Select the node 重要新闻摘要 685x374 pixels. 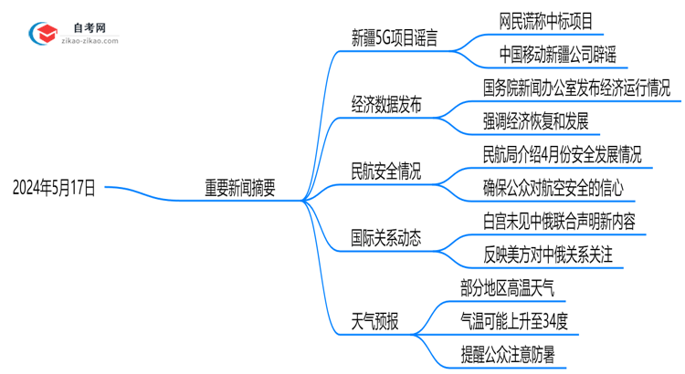(240, 188)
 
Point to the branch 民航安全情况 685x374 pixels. (386, 171)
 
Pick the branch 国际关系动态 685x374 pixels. (386, 238)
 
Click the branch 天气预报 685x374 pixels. (374, 321)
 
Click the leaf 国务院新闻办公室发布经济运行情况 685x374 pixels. (576, 88)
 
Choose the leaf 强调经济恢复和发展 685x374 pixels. (535, 120)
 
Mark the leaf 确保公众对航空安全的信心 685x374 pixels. (553, 187)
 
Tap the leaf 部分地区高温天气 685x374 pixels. (508, 287)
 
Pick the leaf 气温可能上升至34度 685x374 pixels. (515, 320)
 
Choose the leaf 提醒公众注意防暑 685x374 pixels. (508, 354)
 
